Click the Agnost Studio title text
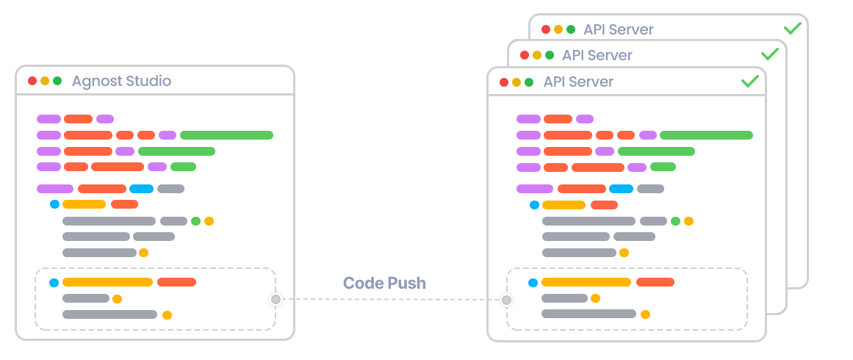(x=121, y=81)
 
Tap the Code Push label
(x=384, y=283)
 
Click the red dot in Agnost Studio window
(x=32, y=81)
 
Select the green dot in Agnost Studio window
(x=57, y=81)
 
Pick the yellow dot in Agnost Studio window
(x=45, y=81)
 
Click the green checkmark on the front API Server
(x=749, y=82)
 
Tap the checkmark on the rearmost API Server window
(x=792, y=29)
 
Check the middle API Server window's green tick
(x=769, y=55)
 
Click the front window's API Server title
(x=578, y=82)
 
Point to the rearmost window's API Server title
(x=619, y=30)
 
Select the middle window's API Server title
(x=597, y=56)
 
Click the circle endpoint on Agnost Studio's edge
(x=276, y=299)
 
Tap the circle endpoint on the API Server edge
(x=506, y=300)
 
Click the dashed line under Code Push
(x=389, y=300)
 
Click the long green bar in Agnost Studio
(x=226, y=135)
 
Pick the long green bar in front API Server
(x=706, y=135)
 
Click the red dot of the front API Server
(x=504, y=82)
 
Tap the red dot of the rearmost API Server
(x=546, y=30)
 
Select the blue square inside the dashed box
(x=533, y=282)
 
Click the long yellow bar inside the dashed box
(x=586, y=282)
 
